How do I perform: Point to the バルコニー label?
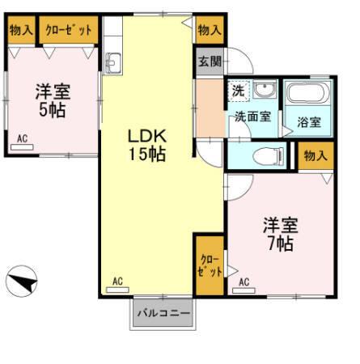tap(163, 312)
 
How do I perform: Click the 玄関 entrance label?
tap(206, 60)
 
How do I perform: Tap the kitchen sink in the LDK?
tap(112, 61)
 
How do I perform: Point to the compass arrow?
tap(23, 283)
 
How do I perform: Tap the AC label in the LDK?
tap(116, 281)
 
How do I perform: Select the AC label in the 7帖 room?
tap(244, 282)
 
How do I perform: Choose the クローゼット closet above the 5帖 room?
tap(68, 30)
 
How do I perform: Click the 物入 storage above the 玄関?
tap(209, 30)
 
